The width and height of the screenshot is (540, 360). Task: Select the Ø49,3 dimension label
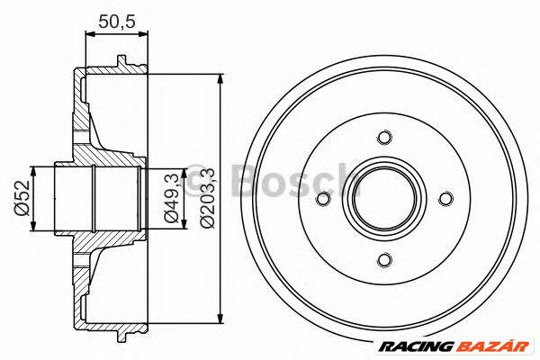pyautogui.click(x=170, y=199)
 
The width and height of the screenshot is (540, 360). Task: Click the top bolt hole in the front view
pyautogui.click(x=384, y=138)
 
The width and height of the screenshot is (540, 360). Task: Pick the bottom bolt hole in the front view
pyautogui.click(x=384, y=260)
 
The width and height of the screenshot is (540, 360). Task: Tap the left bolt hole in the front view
pyautogui.click(x=323, y=199)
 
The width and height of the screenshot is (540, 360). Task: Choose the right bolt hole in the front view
pyautogui.click(x=445, y=199)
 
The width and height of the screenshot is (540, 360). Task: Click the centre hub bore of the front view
pyautogui.click(x=384, y=199)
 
